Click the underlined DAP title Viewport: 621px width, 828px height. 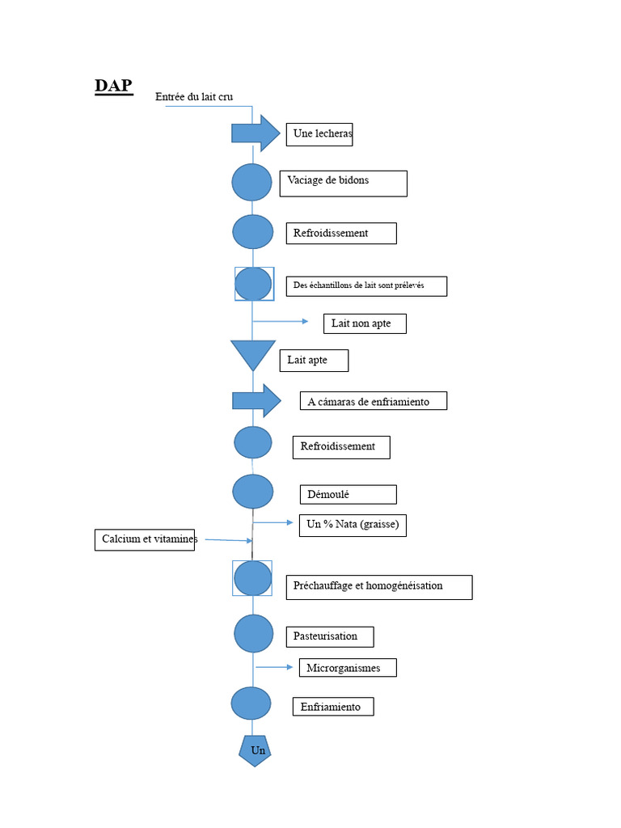(x=113, y=86)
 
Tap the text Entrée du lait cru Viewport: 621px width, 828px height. (x=194, y=97)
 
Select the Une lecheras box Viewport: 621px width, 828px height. (x=319, y=134)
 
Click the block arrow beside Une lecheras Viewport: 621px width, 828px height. (x=256, y=133)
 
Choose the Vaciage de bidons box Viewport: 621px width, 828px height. (x=343, y=184)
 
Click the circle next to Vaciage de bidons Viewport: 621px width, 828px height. (x=252, y=182)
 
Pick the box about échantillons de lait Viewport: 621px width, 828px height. (x=366, y=286)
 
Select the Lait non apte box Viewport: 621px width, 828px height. (x=365, y=323)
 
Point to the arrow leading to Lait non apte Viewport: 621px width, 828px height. (x=281, y=321)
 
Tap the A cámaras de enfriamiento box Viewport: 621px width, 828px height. (x=374, y=401)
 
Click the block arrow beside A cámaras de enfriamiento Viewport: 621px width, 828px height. (x=256, y=401)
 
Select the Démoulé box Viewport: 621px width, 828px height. (x=348, y=495)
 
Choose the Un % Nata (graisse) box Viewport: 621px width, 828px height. (x=353, y=526)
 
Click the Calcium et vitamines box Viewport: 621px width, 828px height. (x=145, y=539)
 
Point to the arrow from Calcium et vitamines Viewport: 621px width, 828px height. (x=229, y=540)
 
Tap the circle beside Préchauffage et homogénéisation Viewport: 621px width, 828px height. (x=252, y=578)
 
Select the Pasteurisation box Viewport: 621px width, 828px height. (x=330, y=637)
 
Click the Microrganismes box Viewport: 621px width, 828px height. (x=348, y=668)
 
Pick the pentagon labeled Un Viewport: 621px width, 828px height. (x=255, y=750)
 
